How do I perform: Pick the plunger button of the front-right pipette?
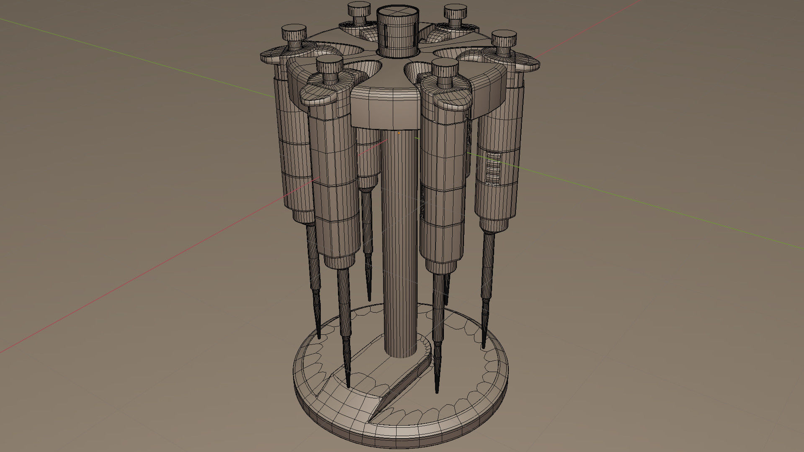(x=445, y=68)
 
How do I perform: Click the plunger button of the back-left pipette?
(x=359, y=8)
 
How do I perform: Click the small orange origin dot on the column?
(x=399, y=133)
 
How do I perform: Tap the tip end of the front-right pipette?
(x=437, y=389)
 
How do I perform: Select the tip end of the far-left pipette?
(x=319, y=335)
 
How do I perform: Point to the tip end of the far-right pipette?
(x=484, y=345)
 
